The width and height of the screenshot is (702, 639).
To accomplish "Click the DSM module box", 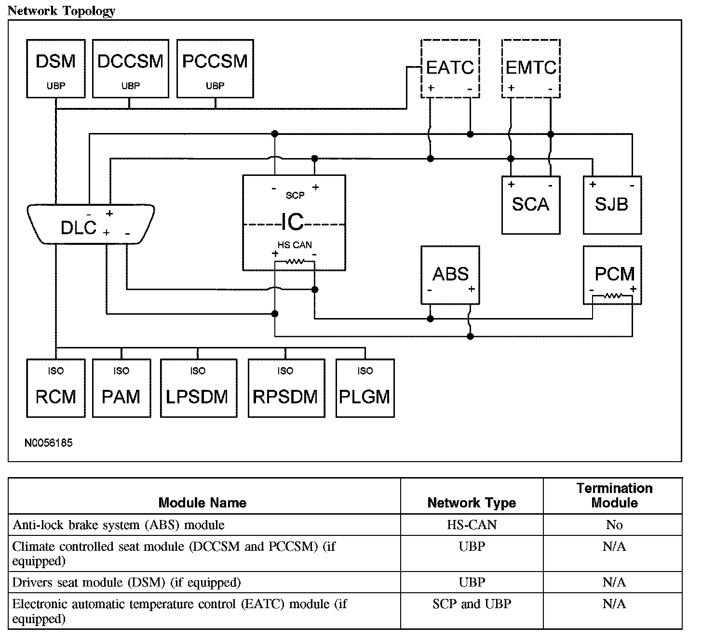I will point(56,69).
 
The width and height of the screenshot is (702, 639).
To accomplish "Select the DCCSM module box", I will point(130,69).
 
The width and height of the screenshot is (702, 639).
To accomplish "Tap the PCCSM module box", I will point(215,69).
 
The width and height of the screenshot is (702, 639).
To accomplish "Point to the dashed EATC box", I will point(450,68).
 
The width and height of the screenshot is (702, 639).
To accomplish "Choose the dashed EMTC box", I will point(531,68).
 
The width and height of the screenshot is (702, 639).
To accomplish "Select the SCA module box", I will point(531,205).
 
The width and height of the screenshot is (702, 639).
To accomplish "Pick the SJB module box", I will point(612,205).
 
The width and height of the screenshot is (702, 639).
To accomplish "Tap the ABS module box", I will point(450,275).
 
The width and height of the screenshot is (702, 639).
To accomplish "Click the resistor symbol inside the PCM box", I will point(613,295).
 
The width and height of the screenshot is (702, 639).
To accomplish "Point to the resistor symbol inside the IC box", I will point(295,262).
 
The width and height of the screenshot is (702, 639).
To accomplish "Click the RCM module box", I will point(56,388).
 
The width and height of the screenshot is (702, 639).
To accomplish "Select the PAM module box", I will point(121,388).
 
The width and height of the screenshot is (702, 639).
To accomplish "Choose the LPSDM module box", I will point(198,388).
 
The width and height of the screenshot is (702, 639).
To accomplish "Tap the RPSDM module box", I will point(285,388).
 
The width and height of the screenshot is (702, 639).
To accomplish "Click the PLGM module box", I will point(365,388).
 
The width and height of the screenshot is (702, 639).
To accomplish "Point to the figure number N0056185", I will point(49,442).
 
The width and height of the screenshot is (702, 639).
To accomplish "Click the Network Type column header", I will point(472,503).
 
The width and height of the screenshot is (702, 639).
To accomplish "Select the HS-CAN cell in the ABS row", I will point(472,525).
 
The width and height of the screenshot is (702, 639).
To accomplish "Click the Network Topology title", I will point(61,11).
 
